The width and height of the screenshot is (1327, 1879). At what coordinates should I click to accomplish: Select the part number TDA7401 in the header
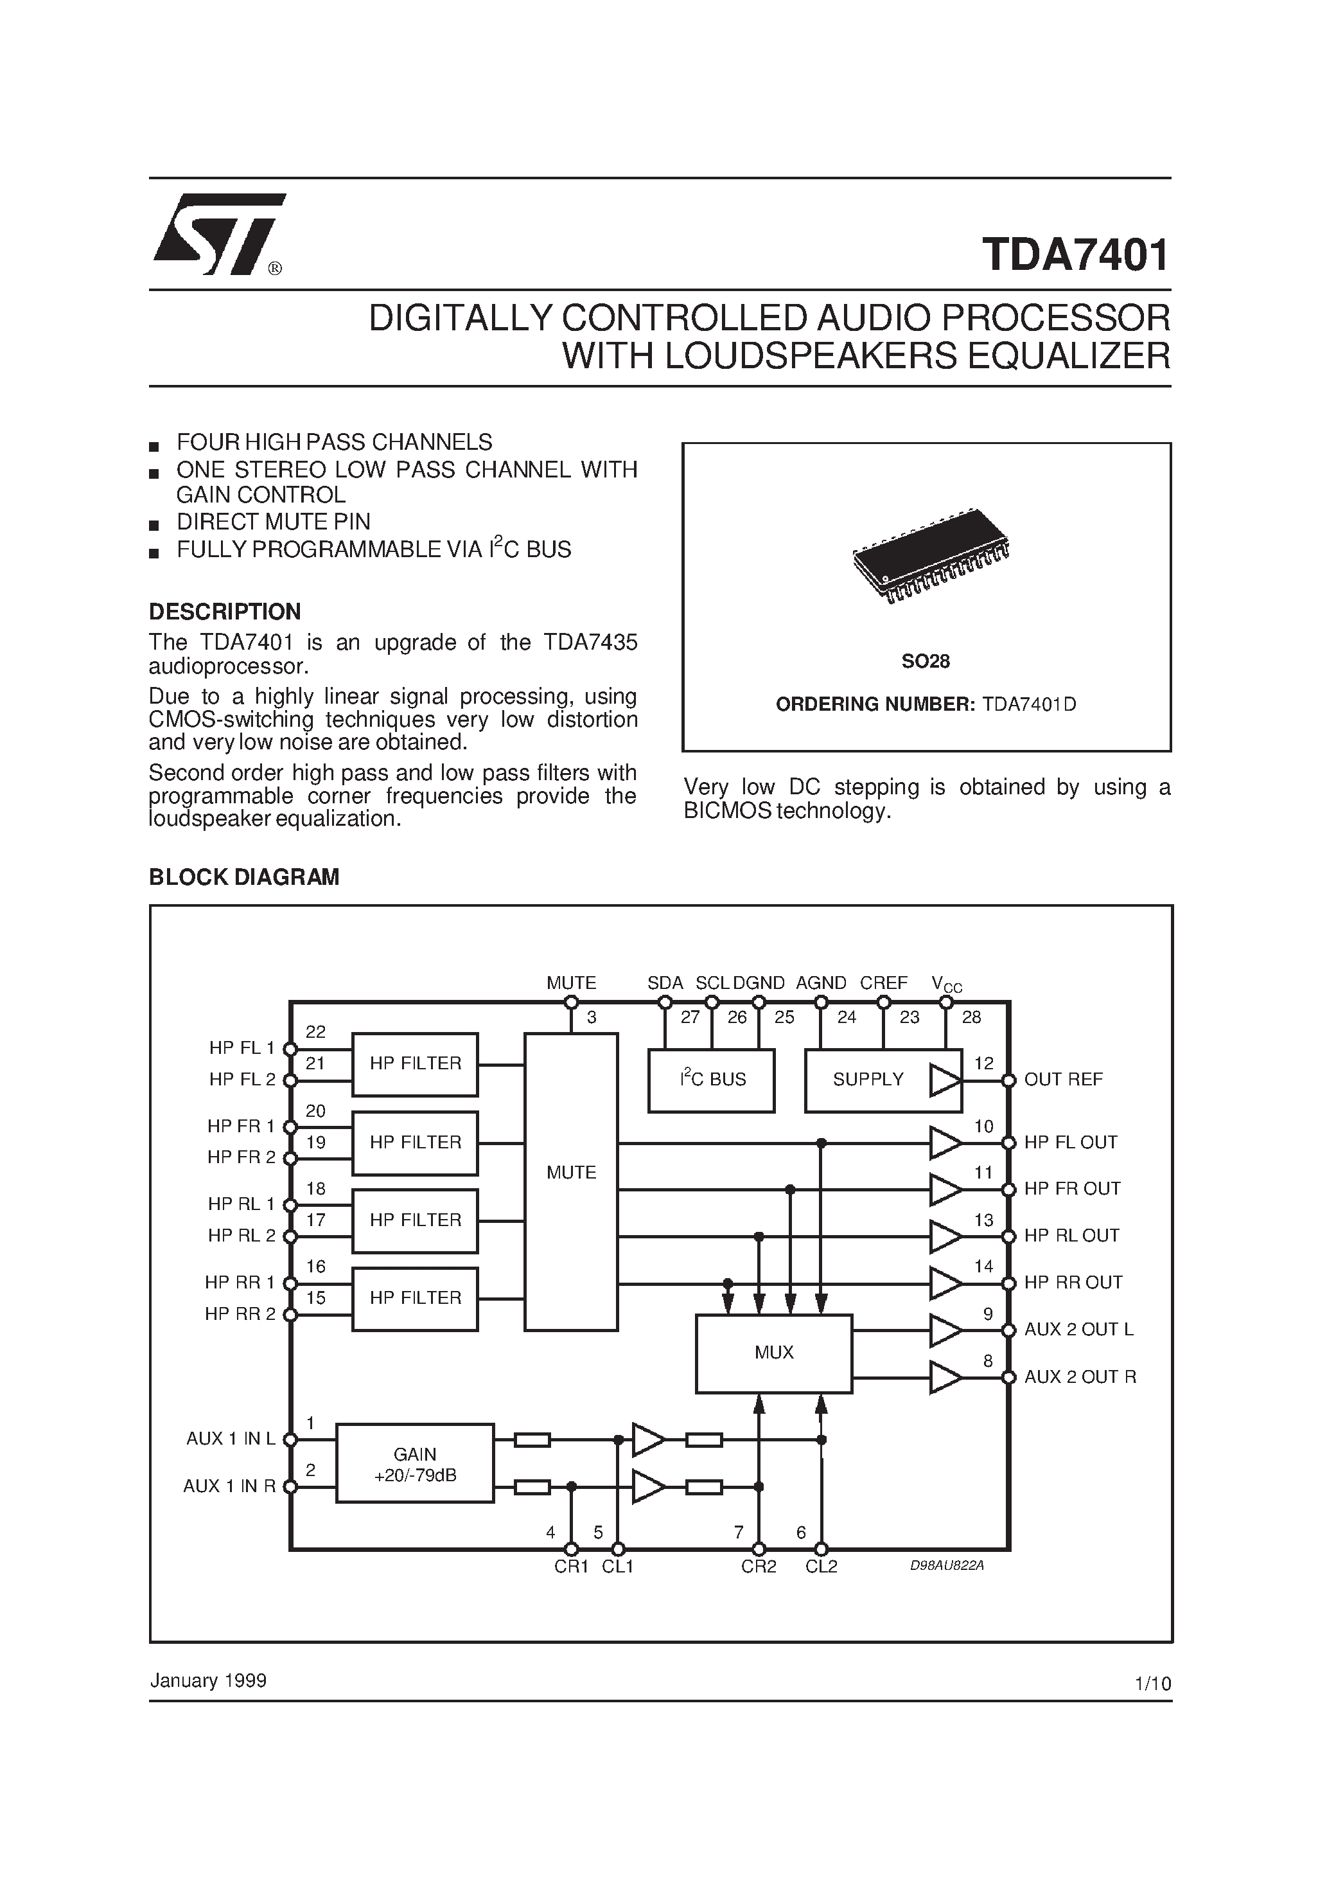(x=1075, y=255)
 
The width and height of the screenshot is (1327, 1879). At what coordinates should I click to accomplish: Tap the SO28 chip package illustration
(x=930, y=554)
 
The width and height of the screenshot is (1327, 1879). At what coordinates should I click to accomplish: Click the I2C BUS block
(x=711, y=1080)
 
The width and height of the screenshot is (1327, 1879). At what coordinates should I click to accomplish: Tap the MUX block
(x=773, y=1352)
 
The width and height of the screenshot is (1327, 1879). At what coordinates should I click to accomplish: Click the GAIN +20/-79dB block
(x=415, y=1463)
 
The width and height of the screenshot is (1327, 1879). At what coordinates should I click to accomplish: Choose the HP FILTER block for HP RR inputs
(x=415, y=1297)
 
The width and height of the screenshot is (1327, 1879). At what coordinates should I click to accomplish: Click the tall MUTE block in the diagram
(x=571, y=1172)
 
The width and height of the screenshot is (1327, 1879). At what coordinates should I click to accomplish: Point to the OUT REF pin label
(x=1063, y=1080)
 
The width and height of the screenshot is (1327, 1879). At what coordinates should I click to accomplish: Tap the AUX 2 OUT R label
(x=1080, y=1376)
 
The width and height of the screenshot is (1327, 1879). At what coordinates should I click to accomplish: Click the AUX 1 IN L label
(x=231, y=1439)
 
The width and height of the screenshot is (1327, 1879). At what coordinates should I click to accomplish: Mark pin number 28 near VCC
(x=971, y=1017)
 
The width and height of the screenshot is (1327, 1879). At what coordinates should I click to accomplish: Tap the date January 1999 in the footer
(x=208, y=1680)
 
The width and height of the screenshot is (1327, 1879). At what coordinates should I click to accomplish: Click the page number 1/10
(x=1153, y=1684)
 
